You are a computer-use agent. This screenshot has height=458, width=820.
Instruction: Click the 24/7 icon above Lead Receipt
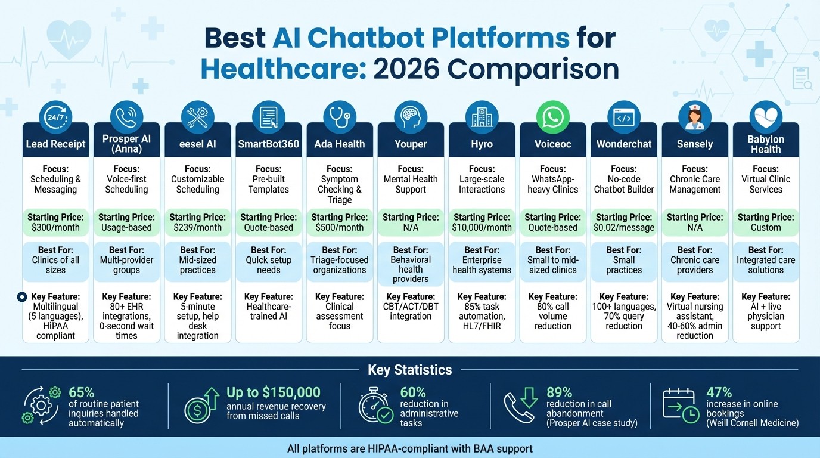(55, 117)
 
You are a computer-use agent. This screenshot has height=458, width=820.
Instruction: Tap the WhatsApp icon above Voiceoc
(553, 117)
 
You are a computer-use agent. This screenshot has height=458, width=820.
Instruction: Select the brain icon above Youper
(411, 117)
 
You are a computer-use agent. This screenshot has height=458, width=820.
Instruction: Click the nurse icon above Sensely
(695, 117)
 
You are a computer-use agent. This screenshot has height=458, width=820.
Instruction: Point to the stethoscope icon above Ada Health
(340, 117)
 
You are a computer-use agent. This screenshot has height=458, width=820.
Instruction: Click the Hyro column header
(482, 144)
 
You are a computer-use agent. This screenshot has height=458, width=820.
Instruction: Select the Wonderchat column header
(624, 144)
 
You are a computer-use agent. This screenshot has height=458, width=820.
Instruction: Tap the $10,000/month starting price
(482, 227)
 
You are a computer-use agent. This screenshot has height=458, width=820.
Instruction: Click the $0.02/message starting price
(624, 227)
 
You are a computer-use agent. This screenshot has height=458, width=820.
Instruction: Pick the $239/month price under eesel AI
(197, 227)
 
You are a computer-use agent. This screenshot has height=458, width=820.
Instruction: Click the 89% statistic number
(559, 392)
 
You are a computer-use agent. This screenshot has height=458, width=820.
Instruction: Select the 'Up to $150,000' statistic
(274, 392)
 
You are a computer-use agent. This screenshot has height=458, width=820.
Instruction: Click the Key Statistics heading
(410, 370)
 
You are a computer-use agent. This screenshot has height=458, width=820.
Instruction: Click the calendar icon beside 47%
(681, 406)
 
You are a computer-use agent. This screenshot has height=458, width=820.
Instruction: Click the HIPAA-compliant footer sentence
(410, 448)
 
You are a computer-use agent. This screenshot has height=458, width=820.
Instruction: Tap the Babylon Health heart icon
(766, 117)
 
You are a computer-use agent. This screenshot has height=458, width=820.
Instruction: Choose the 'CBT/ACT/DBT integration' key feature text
(411, 311)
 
